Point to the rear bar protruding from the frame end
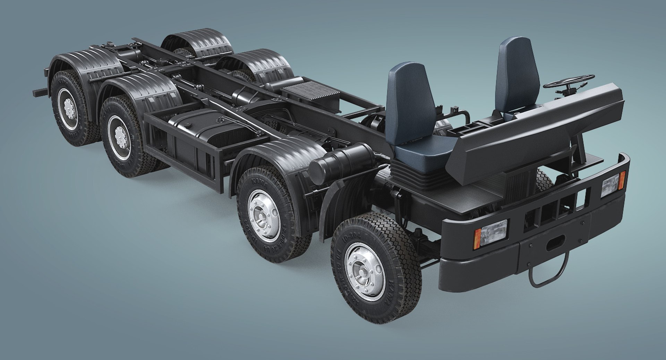pyautogui.click(x=41, y=92)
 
